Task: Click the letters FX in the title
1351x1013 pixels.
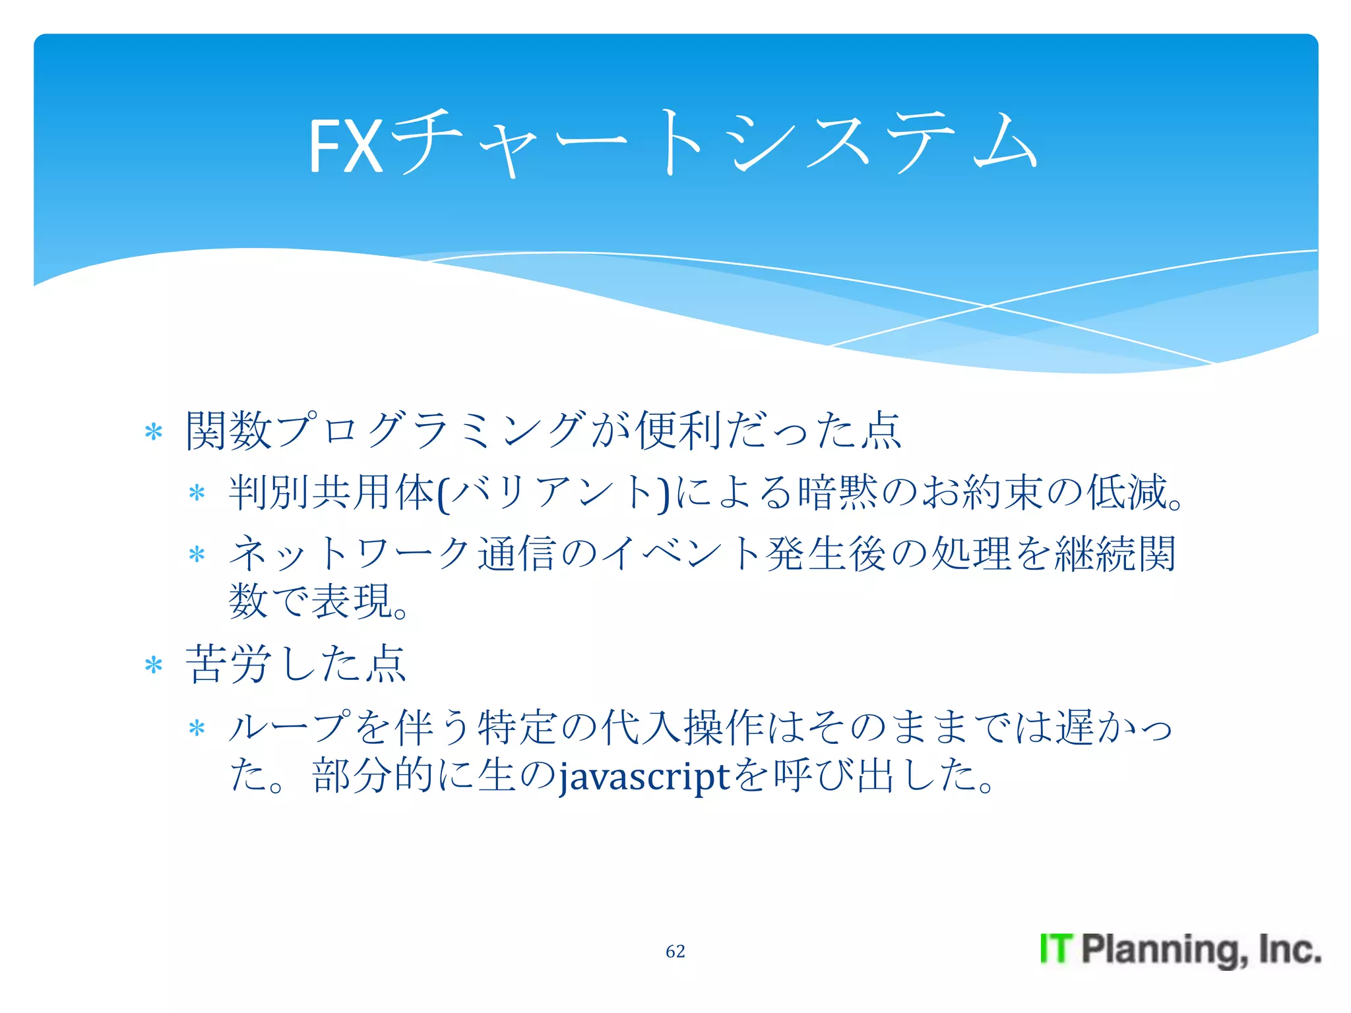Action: click(345, 146)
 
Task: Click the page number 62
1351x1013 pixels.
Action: click(675, 951)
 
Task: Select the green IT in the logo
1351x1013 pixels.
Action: click(1056, 949)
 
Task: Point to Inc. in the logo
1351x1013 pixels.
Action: click(1289, 949)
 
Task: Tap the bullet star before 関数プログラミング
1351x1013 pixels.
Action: click(154, 433)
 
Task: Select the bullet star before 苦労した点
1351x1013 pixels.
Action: click(154, 665)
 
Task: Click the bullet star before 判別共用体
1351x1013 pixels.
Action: click(197, 493)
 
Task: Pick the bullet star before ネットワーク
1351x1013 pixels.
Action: click(197, 554)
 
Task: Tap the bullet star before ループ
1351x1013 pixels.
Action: click(197, 729)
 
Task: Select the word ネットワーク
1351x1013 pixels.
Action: click(350, 553)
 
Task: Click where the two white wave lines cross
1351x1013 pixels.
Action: click(987, 306)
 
